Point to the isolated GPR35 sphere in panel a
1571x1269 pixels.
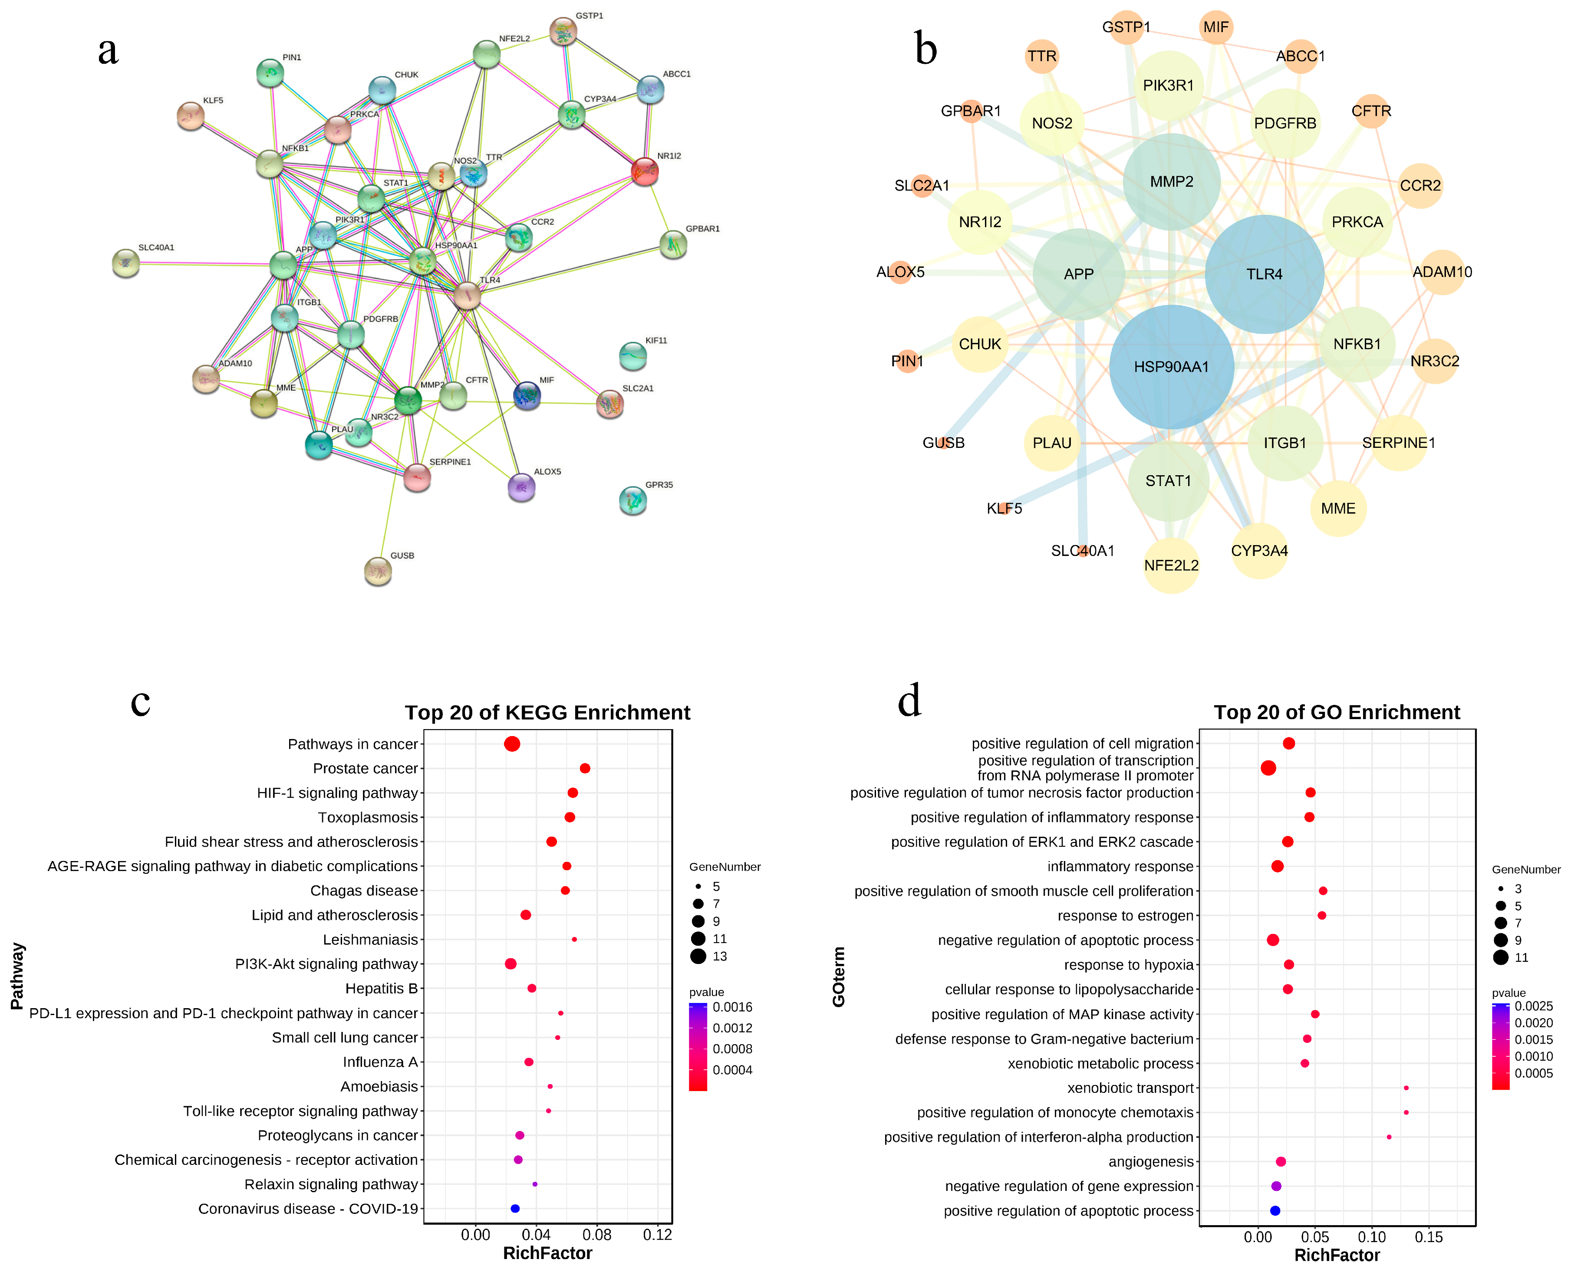tap(632, 501)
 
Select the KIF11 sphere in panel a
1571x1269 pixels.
tap(632, 356)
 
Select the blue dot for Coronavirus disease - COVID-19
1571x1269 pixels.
tap(515, 1208)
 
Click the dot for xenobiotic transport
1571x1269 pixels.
tap(1406, 1088)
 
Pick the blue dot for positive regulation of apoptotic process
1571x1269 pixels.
tap(1275, 1210)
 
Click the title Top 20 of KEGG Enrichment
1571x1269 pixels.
tap(547, 712)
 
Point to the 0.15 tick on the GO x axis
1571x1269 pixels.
tap(1429, 1237)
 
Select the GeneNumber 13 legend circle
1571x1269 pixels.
tap(698, 956)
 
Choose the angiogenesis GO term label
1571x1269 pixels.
tap(1151, 1161)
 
